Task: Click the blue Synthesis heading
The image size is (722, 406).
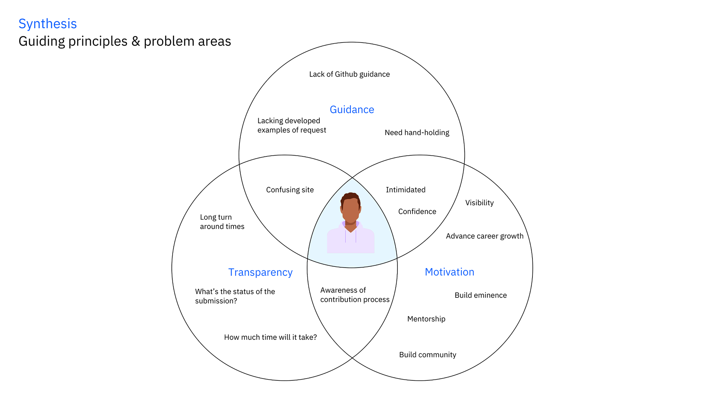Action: [x=48, y=24]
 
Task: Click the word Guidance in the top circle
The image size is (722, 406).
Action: [x=352, y=109]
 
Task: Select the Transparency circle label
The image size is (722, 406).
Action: [x=260, y=272]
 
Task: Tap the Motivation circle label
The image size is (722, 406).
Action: [x=449, y=272]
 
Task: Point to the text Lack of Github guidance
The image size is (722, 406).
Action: [x=349, y=74]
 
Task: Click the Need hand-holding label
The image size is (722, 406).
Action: [x=417, y=133]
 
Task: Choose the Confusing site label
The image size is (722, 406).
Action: [x=290, y=190]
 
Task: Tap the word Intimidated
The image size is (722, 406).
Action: [x=405, y=190]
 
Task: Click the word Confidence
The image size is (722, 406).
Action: [x=417, y=212]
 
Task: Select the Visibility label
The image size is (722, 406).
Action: [x=479, y=203]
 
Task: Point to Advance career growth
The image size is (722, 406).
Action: [x=484, y=236]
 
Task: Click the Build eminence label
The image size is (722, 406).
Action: [x=480, y=295]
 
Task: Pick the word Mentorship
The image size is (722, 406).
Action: [x=426, y=319]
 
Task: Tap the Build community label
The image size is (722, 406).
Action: [x=427, y=355]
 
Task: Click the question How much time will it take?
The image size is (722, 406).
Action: [x=270, y=338]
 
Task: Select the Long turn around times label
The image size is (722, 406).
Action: [x=222, y=222]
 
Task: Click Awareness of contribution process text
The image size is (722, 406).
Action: [x=355, y=295]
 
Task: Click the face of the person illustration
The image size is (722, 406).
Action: [x=350, y=209]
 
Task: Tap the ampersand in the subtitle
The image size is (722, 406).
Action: [x=135, y=41]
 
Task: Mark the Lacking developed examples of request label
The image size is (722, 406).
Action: [x=291, y=125]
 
